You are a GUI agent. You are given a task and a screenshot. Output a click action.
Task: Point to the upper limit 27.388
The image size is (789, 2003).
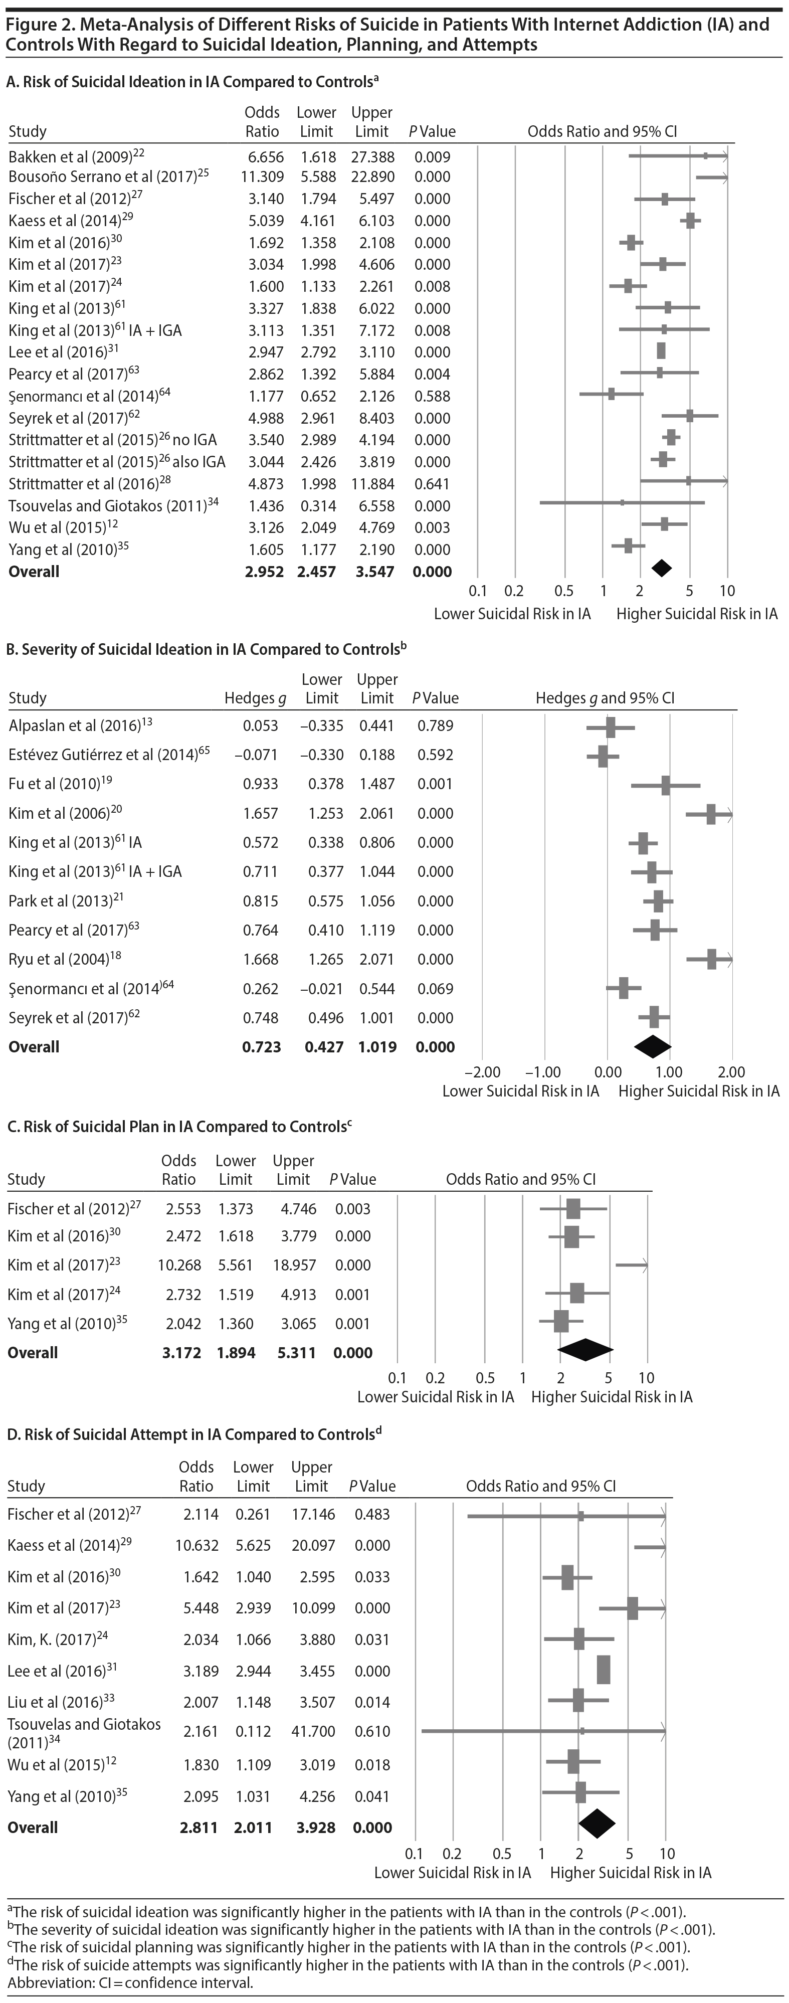[x=372, y=156]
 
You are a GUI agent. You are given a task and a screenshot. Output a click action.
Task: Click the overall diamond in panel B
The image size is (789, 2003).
[x=652, y=1046]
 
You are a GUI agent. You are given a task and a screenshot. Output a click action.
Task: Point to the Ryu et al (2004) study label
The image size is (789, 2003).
[x=59, y=959]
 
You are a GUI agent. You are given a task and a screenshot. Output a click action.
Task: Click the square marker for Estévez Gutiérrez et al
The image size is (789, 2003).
[x=603, y=755]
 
